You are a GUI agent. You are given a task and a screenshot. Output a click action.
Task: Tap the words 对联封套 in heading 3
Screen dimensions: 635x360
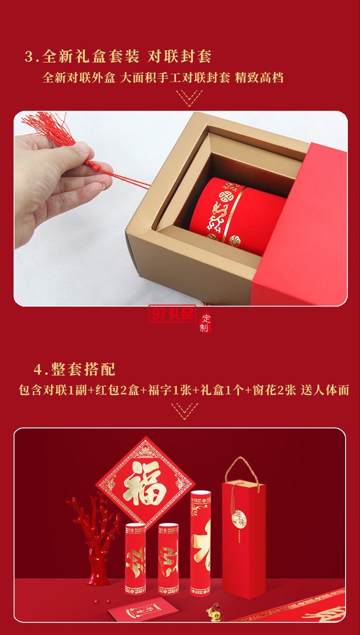(x=180, y=57)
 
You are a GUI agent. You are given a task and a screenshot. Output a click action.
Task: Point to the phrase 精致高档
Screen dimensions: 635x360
(x=259, y=78)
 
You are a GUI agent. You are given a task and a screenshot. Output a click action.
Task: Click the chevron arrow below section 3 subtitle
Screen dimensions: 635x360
(x=189, y=98)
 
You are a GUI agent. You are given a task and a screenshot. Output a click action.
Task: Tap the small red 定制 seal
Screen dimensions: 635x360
(x=205, y=323)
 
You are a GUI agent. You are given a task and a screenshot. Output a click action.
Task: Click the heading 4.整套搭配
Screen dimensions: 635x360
(x=74, y=369)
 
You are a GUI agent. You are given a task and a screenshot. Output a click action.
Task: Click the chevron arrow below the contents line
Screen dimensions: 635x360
(x=184, y=411)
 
